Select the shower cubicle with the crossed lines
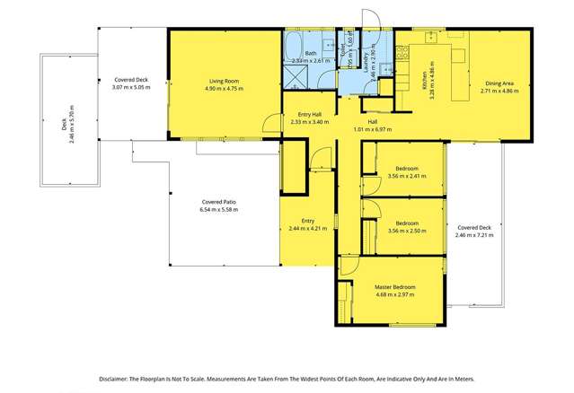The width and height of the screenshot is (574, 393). click(296, 73)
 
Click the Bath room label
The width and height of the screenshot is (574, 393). click(310, 54)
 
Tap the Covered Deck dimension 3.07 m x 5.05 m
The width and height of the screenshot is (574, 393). click(131, 88)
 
